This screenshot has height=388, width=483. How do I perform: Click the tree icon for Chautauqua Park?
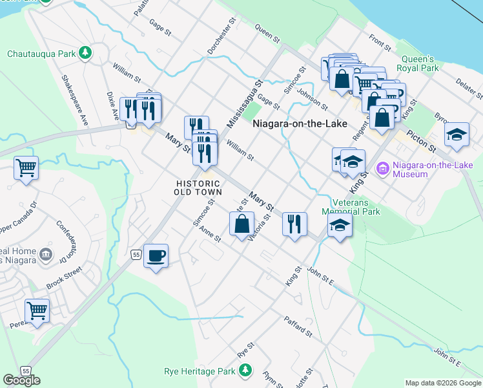coord(85,53)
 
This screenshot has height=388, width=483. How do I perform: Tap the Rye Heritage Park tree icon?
coord(245,370)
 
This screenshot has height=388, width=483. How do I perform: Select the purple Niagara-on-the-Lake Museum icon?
coord(382,169)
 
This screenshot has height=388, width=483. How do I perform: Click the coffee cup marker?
coord(156,257)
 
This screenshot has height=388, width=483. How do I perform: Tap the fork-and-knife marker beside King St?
coord(294,224)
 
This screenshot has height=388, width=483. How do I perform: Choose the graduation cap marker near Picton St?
coord(457,134)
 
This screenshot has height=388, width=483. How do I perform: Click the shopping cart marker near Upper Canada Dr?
coord(26,168)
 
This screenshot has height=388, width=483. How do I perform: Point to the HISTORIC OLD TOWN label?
coord(200,188)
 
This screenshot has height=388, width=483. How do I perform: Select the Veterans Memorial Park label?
coord(351,206)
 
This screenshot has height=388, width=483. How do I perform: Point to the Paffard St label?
coord(297,326)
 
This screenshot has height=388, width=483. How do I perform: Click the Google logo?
coord(21,380)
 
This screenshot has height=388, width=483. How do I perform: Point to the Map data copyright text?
coord(442,383)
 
